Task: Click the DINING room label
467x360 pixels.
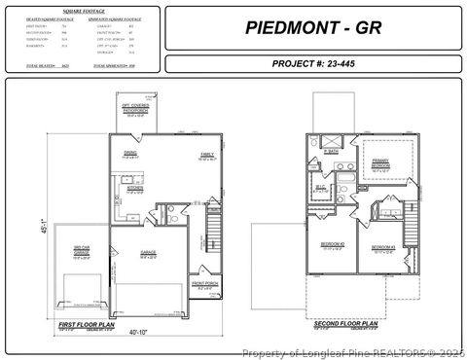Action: [x=130, y=154]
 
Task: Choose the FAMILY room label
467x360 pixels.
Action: [x=181, y=154]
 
